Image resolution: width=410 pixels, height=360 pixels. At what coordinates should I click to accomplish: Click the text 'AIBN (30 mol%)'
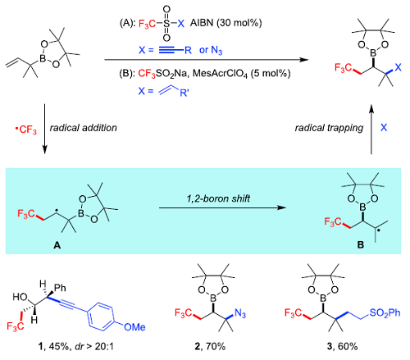tap(226, 23)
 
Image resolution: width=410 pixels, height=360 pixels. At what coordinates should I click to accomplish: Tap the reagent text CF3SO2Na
tap(162, 73)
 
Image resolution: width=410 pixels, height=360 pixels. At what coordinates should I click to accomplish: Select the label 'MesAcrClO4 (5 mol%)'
tap(242, 74)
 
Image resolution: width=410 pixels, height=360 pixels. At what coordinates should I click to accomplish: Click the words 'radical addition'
tap(84, 128)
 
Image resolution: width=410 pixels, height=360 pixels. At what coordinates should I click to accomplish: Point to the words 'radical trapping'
tap(329, 128)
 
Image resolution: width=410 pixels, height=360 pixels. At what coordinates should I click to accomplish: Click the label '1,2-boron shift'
tap(218, 198)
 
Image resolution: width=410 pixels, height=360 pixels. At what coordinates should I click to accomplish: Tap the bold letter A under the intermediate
tap(57, 245)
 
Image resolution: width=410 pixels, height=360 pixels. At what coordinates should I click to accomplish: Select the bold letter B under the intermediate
tap(361, 244)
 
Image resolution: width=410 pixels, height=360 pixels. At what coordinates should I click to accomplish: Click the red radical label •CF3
tap(25, 130)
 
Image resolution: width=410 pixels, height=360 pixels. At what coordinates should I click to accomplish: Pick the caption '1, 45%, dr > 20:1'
tap(75, 346)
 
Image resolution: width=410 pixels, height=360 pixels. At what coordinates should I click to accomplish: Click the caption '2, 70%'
tap(210, 346)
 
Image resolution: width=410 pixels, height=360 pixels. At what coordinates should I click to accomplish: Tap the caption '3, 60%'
tap(342, 346)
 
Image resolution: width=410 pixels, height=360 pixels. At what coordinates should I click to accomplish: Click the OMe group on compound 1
tap(134, 327)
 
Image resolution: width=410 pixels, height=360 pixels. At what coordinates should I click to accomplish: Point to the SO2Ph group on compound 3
tap(385, 312)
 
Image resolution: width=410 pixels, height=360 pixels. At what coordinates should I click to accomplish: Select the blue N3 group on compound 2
tap(240, 313)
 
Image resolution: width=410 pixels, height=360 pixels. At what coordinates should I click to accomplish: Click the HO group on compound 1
tap(20, 297)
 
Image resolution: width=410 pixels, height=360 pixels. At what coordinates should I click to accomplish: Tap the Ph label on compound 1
tap(60, 288)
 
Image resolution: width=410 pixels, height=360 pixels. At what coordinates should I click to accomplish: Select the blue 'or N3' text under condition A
tap(211, 50)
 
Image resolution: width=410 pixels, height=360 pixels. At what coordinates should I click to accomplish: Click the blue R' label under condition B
tap(184, 93)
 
